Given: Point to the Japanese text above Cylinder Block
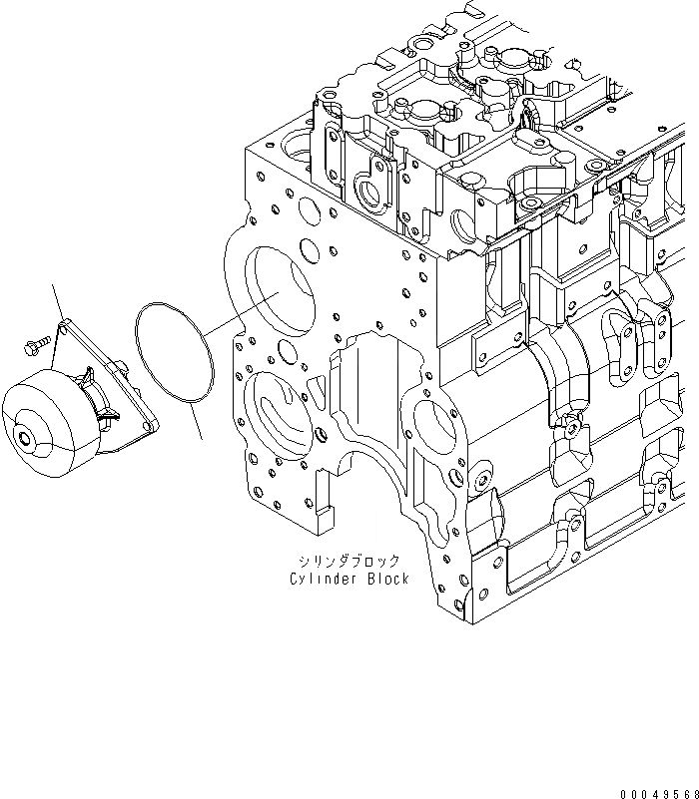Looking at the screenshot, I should tap(349, 561).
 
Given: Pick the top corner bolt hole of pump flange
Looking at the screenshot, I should tap(66, 325).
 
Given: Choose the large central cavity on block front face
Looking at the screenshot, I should tap(369, 399).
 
